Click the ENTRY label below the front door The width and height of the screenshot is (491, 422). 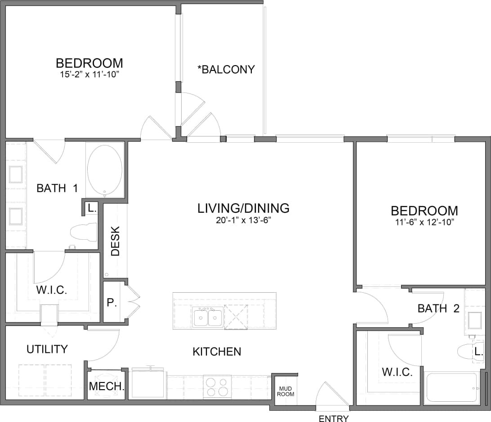[333, 418]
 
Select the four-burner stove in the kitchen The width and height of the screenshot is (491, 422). [217, 386]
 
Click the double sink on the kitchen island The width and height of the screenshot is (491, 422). [208, 317]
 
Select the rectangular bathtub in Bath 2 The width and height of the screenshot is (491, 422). [452, 387]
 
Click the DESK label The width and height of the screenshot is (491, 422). [116, 241]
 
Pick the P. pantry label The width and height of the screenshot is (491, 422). [111, 303]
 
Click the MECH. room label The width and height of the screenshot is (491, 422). [107, 386]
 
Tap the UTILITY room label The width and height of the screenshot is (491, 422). [47, 349]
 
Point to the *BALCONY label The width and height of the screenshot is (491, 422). [226, 70]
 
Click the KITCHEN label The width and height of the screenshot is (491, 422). [217, 352]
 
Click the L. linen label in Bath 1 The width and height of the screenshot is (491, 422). [91, 208]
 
